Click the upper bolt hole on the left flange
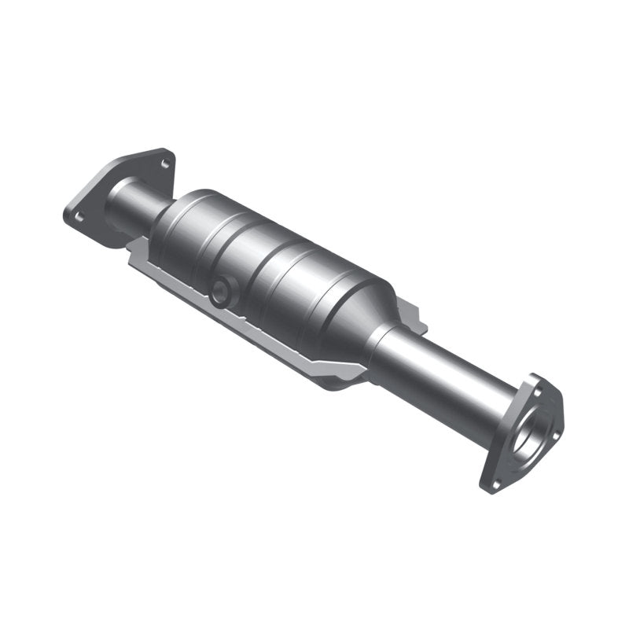[x=164, y=162]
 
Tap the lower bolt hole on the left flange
[x=78, y=215]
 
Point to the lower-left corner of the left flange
[x=68, y=216]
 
